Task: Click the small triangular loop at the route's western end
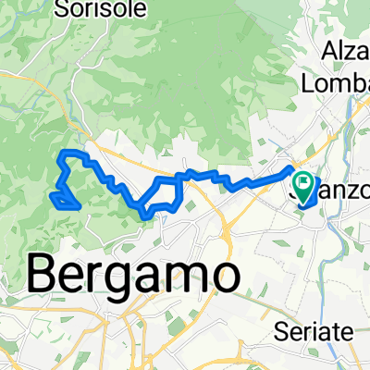point(63,199)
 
